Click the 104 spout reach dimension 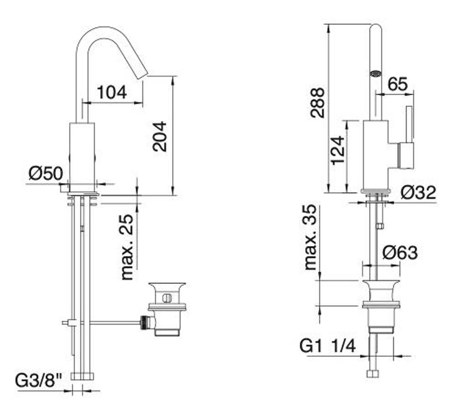tap(112, 92)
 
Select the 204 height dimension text tap(160, 136)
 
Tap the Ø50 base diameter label tap(46, 173)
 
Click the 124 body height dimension tap(337, 150)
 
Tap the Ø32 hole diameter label tap(418, 192)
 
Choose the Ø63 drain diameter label tap(400, 252)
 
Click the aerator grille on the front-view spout tap(375, 74)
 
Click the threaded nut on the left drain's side tap(145, 322)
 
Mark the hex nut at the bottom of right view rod tap(373, 374)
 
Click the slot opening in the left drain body tap(166, 298)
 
